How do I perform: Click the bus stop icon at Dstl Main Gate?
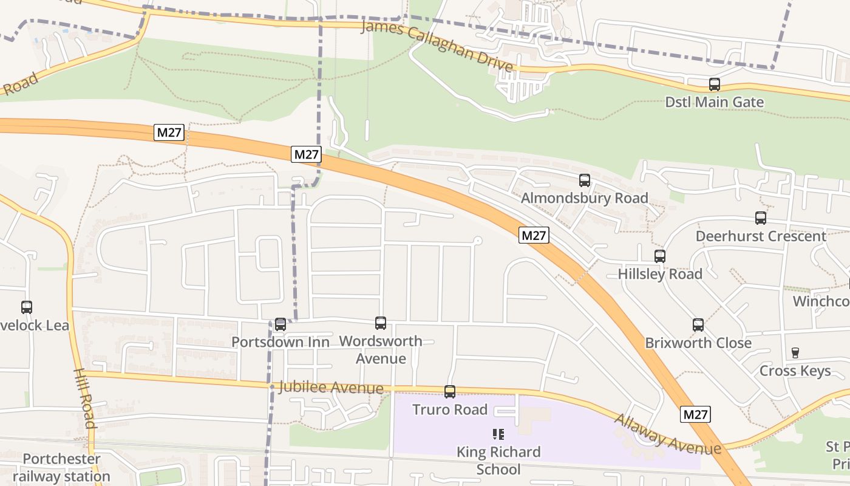[715, 84]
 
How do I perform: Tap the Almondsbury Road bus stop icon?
[585, 180]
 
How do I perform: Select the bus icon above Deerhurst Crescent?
[761, 218]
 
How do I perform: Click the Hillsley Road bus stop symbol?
[660, 256]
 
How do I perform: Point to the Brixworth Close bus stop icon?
[698, 325]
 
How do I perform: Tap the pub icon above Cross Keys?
[795, 352]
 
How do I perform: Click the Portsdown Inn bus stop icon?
[280, 324]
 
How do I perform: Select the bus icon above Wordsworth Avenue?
[381, 323]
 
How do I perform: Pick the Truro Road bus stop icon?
[450, 392]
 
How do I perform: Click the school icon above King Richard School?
[498, 434]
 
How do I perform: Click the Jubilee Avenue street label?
[331, 387]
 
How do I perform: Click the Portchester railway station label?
[61, 467]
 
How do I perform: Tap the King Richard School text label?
[498, 460]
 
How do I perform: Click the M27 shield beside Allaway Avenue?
[695, 414]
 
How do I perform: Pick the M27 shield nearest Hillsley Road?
[534, 235]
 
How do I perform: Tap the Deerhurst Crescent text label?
[761, 236]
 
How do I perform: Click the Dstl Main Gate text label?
[715, 102]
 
